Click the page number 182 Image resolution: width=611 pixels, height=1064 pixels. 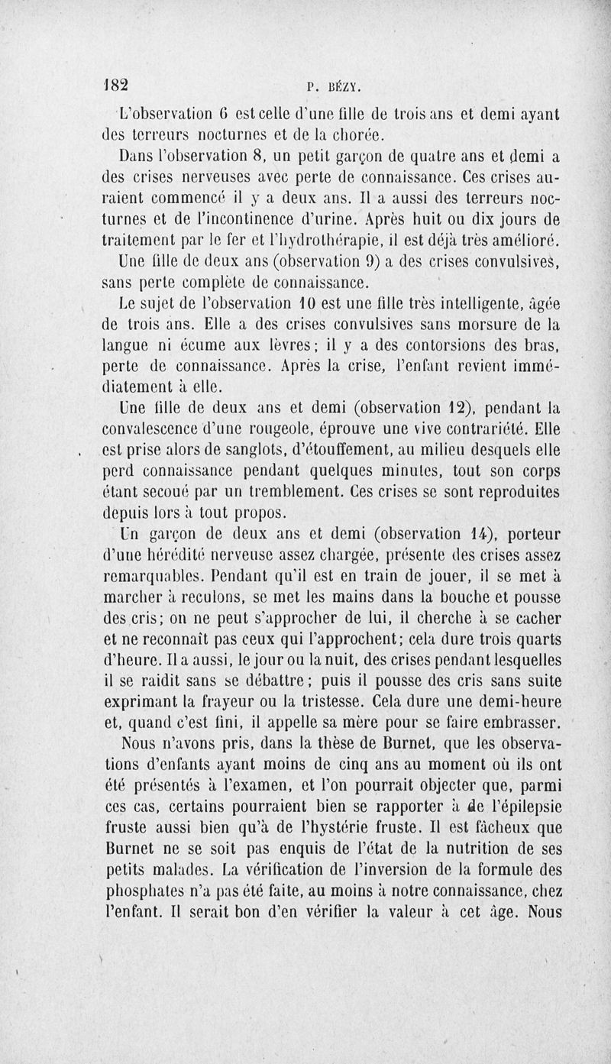coord(118,84)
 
